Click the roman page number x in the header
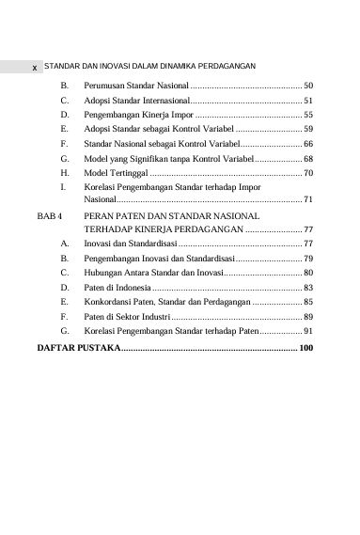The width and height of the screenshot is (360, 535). (34, 69)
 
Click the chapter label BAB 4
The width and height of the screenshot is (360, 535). (49, 216)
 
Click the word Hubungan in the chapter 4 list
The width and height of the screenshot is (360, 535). (104, 272)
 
